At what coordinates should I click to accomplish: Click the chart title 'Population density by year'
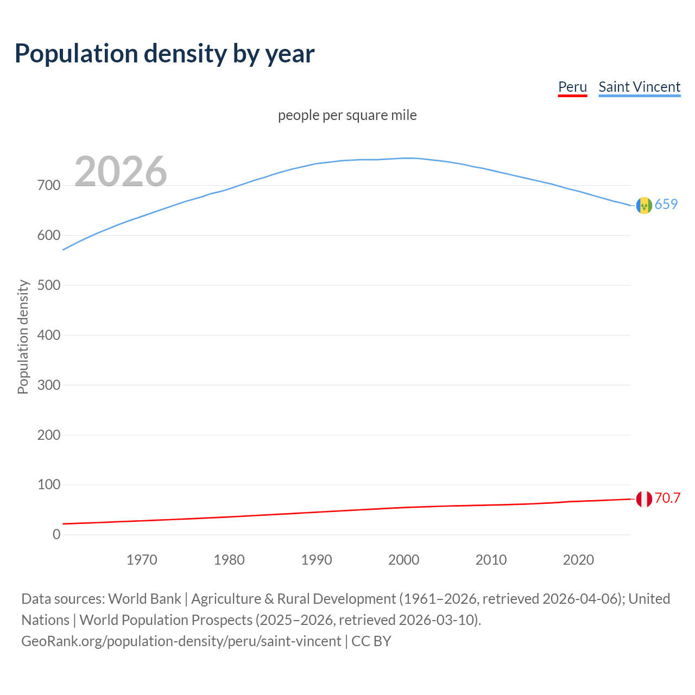[165, 53]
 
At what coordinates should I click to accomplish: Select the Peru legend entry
[572, 87]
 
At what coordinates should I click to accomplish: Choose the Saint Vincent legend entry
[639, 87]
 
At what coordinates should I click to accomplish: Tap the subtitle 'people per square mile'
[347, 115]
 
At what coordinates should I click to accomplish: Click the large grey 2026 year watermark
[121, 172]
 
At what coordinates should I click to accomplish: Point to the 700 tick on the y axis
[49, 186]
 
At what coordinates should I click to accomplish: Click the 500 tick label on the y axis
[49, 285]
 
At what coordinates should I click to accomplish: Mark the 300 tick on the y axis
[49, 385]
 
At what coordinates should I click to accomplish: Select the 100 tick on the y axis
[49, 484]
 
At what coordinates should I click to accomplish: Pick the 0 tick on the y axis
[56, 534]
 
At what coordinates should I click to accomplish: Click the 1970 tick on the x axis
[142, 560]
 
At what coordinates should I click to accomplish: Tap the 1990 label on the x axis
[317, 560]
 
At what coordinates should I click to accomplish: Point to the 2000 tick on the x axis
[403, 560]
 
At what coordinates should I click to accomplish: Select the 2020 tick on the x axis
[578, 560]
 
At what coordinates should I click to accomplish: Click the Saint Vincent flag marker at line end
[644, 205]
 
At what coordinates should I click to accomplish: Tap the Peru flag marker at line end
[644, 498]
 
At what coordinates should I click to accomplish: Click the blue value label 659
[666, 204]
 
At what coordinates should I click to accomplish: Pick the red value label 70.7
[667, 498]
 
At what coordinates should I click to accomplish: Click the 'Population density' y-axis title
[23, 337]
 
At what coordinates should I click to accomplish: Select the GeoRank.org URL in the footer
[181, 641]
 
